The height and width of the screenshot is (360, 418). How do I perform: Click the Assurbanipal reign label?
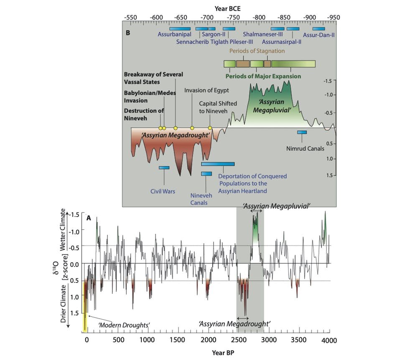click(x=174, y=35)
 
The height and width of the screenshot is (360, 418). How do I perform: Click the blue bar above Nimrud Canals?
click(x=302, y=132)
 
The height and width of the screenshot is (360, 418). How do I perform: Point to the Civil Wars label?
click(x=163, y=191)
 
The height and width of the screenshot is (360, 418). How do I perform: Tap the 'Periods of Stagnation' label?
click(x=257, y=51)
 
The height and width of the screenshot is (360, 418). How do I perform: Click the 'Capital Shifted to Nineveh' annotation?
click(x=218, y=107)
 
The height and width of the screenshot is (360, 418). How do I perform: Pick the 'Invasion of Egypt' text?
click(x=206, y=90)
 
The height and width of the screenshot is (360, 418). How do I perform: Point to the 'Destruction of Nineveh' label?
click(x=143, y=114)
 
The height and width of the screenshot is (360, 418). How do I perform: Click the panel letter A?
click(x=89, y=218)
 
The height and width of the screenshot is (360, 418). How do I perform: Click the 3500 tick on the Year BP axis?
click(x=298, y=340)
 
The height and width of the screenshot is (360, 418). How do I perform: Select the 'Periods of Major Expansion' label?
click(x=263, y=76)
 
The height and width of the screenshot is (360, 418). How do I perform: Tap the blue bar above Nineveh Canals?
click(x=206, y=174)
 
